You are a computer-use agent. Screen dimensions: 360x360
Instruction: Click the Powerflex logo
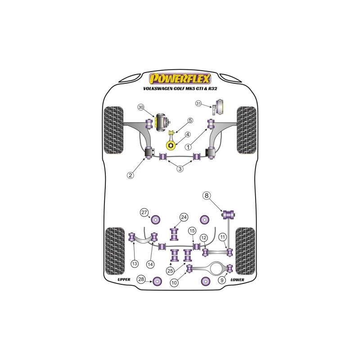[180, 78]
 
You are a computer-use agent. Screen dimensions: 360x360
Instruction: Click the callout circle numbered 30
[141, 107]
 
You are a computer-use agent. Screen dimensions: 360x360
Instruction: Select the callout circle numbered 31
[198, 103]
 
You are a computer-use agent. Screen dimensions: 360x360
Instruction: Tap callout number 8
[207, 195]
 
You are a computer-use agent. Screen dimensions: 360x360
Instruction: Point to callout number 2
[130, 175]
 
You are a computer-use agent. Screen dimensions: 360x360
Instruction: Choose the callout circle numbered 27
[144, 212]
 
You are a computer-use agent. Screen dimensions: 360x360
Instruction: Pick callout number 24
[184, 217]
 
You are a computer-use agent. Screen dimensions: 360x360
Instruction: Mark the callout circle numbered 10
[174, 283]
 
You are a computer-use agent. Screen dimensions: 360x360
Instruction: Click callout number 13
[135, 264]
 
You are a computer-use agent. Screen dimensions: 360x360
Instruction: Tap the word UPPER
[124, 279]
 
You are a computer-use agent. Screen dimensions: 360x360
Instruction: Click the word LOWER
[237, 279]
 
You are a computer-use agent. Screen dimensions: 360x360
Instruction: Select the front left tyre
[114, 130]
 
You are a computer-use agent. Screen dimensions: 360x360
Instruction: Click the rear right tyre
[245, 251]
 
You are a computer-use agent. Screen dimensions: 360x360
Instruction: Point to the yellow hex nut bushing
[171, 145]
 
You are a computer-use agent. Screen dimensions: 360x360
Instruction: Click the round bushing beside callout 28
[157, 281]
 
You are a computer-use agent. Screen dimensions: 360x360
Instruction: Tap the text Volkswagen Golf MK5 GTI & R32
[180, 88]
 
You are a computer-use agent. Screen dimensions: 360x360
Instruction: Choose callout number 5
[190, 121]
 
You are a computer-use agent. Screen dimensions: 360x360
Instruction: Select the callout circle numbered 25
[170, 271]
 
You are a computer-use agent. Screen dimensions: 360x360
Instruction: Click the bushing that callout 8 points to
[229, 215]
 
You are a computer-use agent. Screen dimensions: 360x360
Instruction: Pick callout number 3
[180, 169]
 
